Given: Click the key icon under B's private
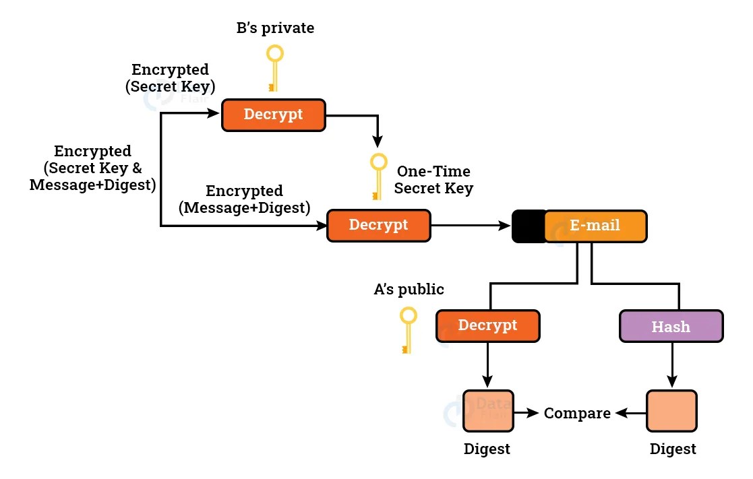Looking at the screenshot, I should [273, 68].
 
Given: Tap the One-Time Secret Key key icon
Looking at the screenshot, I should [379, 176].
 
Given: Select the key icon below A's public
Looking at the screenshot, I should [407, 329].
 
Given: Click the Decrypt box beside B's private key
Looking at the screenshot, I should [274, 115].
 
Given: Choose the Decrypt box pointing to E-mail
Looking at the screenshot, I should [378, 226].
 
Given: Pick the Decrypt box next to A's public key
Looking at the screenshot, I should [487, 326].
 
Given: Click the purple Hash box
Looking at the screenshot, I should [671, 327].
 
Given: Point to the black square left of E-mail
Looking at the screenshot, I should [529, 226].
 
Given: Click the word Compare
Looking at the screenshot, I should [577, 413].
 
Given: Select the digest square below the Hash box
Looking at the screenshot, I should [671, 411].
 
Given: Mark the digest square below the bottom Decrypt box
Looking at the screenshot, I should [488, 411].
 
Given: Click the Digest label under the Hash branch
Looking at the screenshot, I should [673, 449].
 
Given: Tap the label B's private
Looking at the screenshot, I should [274, 28].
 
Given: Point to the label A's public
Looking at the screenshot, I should [409, 290].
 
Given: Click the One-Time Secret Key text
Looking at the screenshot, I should [433, 180].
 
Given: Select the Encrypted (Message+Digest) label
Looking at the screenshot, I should [244, 200].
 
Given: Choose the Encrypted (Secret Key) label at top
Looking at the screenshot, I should [170, 77].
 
